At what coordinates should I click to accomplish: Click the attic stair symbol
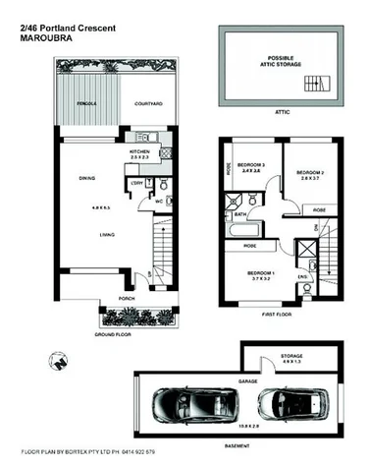[315, 78]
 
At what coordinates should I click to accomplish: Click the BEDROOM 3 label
[250, 164]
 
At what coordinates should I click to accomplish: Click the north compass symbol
[62, 359]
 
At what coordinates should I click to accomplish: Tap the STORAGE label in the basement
[290, 357]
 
